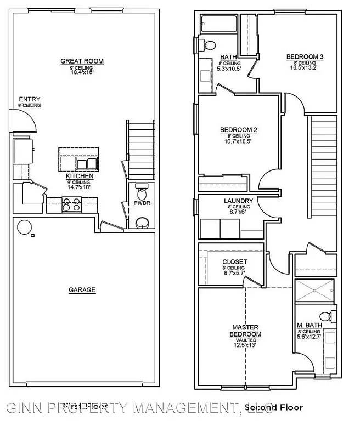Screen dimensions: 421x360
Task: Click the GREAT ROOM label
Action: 82,61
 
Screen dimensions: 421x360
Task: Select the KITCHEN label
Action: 80,177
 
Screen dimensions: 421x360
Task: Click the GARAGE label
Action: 82,289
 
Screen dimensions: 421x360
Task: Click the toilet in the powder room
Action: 142,193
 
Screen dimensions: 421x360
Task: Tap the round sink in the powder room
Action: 142,222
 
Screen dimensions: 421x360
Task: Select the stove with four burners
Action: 72,205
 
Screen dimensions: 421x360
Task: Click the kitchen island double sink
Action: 86,163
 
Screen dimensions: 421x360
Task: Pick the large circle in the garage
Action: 25,227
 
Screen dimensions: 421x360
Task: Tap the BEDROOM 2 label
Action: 238,130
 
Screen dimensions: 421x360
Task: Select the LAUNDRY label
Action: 238,201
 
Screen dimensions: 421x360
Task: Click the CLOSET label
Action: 234,261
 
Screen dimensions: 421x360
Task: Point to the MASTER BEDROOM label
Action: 245,331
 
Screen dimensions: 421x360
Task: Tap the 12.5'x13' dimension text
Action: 245,345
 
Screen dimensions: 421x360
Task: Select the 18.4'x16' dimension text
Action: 82,72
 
